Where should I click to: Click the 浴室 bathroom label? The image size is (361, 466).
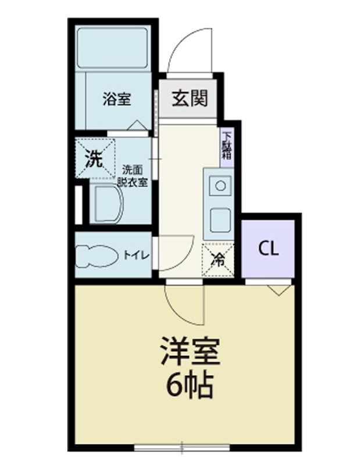[x=117, y=100]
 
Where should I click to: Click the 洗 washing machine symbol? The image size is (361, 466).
[x=94, y=158]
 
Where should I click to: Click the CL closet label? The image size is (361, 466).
[x=269, y=249]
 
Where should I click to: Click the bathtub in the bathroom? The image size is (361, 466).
[x=114, y=48]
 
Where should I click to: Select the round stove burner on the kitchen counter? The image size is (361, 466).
[x=220, y=186]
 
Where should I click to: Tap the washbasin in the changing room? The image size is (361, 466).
[x=108, y=203]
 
